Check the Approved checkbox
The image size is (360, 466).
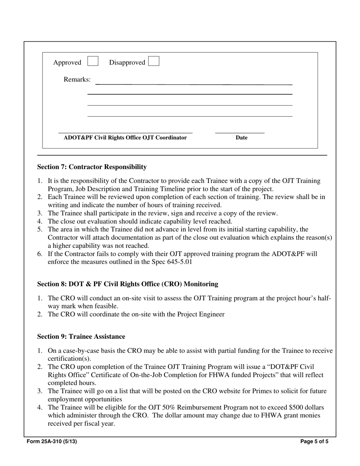93,61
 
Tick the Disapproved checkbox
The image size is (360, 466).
154,61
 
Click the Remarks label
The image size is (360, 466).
77,80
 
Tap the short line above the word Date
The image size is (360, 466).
239,133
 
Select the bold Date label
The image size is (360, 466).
241,138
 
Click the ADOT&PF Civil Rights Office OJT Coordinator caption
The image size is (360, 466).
125,138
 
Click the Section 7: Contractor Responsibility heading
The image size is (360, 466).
92,167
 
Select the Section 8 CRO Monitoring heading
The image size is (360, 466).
127,284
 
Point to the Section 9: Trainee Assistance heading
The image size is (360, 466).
81,337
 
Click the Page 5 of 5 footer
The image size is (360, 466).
314,441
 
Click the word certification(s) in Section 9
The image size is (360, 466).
69,359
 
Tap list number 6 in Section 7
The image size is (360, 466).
40,254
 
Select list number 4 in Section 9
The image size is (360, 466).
40,408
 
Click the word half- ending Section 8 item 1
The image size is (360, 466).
324,299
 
